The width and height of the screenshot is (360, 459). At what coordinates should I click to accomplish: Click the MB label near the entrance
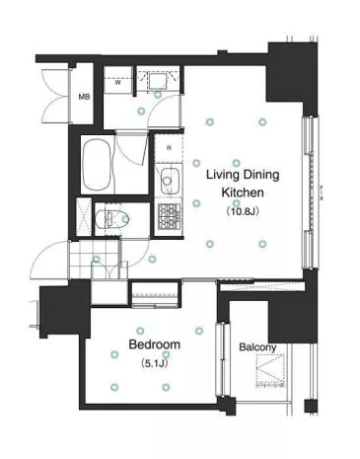(84, 97)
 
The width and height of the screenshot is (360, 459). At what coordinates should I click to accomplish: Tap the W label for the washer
(117, 83)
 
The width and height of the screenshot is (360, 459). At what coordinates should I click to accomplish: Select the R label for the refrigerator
(169, 148)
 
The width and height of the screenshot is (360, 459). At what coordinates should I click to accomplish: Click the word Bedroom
(155, 344)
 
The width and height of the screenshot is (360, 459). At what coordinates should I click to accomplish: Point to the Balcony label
(257, 347)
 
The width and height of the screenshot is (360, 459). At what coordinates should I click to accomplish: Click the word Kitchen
(243, 192)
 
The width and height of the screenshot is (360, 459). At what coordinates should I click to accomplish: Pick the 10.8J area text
(243, 211)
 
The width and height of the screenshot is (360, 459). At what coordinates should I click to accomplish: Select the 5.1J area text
(155, 363)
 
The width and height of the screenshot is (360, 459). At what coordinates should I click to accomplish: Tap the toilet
(111, 219)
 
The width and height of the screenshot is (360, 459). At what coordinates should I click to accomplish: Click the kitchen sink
(170, 181)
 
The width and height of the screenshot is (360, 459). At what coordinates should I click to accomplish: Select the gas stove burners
(170, 216)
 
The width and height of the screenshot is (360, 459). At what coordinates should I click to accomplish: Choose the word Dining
(261, 175)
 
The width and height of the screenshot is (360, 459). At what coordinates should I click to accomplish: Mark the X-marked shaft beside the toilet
(84, 217)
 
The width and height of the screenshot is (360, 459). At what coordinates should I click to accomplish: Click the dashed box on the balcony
(270, 370)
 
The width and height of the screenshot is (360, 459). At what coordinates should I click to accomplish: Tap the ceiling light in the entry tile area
(96, 260)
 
